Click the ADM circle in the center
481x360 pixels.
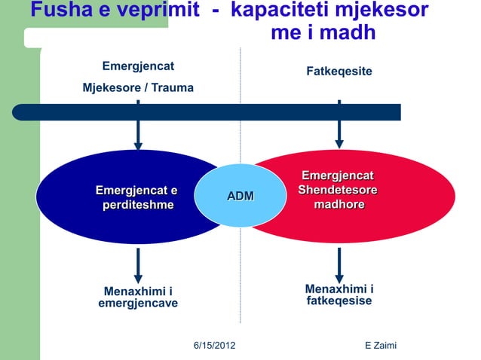(240, 196)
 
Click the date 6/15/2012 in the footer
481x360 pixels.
(215, 345)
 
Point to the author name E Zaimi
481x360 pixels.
(380, 345)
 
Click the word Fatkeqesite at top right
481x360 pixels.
(339, 71)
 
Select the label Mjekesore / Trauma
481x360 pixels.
(138, 88)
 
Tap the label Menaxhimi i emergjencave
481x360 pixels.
(138, 297)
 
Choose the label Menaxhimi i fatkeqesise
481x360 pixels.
(339, 295)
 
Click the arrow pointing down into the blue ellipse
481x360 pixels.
(138, 139)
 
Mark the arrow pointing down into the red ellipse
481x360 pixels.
(339, 139)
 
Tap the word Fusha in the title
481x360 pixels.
(57, 11)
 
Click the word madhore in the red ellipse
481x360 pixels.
(339, 205)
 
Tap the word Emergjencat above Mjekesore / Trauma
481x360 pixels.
(138, 66)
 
